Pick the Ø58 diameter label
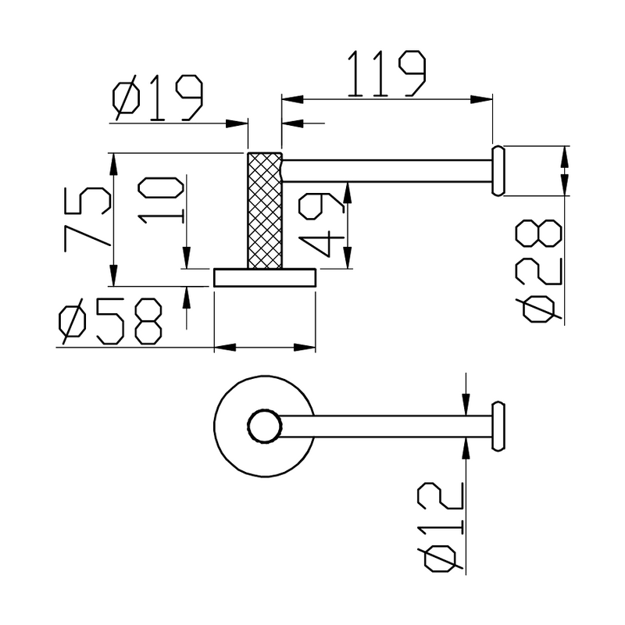tap(111, 323)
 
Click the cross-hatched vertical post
tap(264, 209)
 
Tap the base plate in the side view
tap(265, 277)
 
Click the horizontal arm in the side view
tap(387, 170)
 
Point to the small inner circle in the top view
tap(263, 427)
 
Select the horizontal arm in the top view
tap(383, 427)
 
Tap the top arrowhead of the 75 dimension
tap(114, 160)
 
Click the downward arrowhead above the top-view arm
tap(466, 409)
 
